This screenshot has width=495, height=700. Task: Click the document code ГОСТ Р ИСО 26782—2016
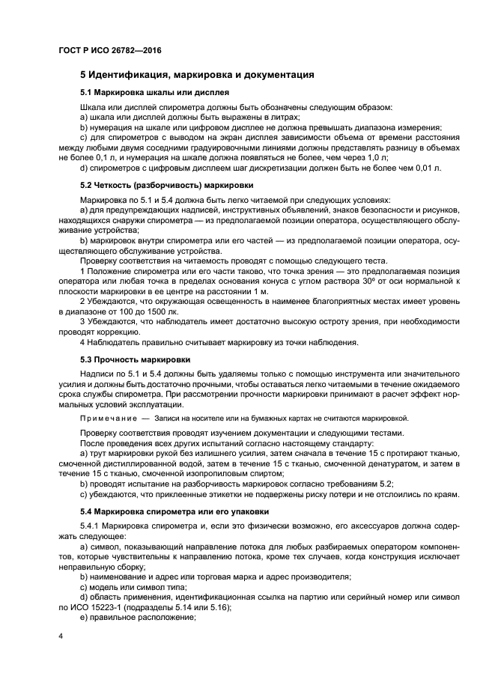(x=109, y=50)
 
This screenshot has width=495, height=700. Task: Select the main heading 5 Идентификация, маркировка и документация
(x=196, y=75)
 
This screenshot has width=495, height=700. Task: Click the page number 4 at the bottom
(x=60, y=636)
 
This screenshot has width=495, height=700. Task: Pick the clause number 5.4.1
(x=93, y=527)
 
